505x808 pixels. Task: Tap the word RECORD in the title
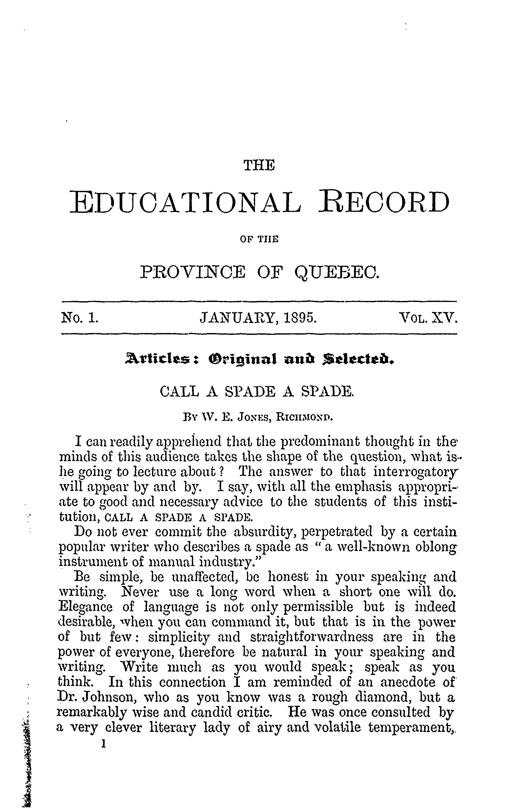click(x=384, y=203)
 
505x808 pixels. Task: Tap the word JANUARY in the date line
click(x=239, y=318)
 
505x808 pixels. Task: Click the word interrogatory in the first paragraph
click(x=414, y=472)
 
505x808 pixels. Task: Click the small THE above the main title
click(x=259, y=165)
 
